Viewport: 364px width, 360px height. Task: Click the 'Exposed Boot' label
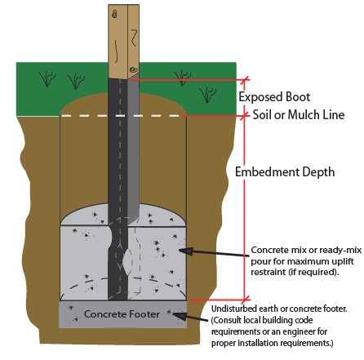pos(274,97)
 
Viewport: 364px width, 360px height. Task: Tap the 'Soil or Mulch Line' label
pos(299,114)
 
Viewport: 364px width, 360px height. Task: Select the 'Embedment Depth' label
pos(285,172)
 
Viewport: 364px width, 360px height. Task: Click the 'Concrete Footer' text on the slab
pos(122,314)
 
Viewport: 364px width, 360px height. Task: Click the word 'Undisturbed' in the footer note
pos(234,309)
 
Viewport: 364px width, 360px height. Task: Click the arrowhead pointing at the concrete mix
pos(186,251)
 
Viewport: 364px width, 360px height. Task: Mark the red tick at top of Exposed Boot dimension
pos(246,79)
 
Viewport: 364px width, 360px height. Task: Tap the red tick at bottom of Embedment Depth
pos(246,300)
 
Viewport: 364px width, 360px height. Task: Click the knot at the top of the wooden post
pos(115,13)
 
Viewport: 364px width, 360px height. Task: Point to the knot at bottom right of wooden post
pos(133,69)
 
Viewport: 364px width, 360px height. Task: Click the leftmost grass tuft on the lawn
pos(47,79)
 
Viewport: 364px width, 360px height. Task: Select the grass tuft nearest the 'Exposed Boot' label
pos(207,95)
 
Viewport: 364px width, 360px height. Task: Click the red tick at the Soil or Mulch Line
pos(246,115)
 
